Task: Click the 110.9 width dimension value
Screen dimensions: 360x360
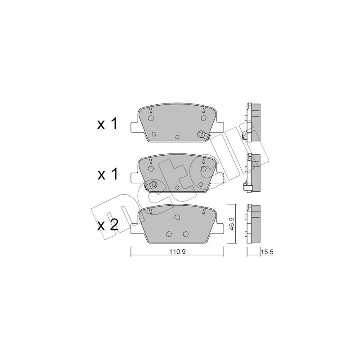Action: (x=177, y=252)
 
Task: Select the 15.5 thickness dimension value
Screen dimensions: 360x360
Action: (x=267, y=252)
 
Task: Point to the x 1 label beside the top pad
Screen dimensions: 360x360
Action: (x=107, y=124)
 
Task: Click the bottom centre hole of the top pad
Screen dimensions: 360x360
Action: (x=177, y=137)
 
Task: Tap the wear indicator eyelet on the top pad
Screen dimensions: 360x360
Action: (x=202, y=133)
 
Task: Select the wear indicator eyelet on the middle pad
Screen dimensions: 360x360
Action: (x=152, y=184)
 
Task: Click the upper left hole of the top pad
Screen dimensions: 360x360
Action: (x=151, y=118)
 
